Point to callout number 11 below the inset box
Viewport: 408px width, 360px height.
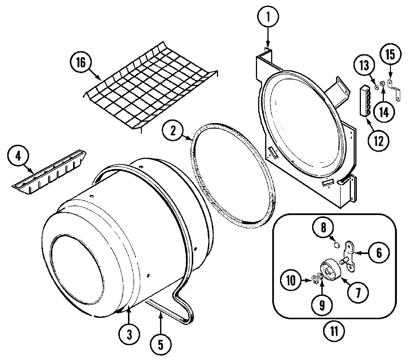[x=333, y=330]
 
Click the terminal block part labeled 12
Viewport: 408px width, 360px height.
[x=365, y=100]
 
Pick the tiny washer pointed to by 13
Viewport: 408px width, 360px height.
[x=376, y=87]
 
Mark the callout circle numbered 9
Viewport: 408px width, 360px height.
[x=322, y=305]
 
